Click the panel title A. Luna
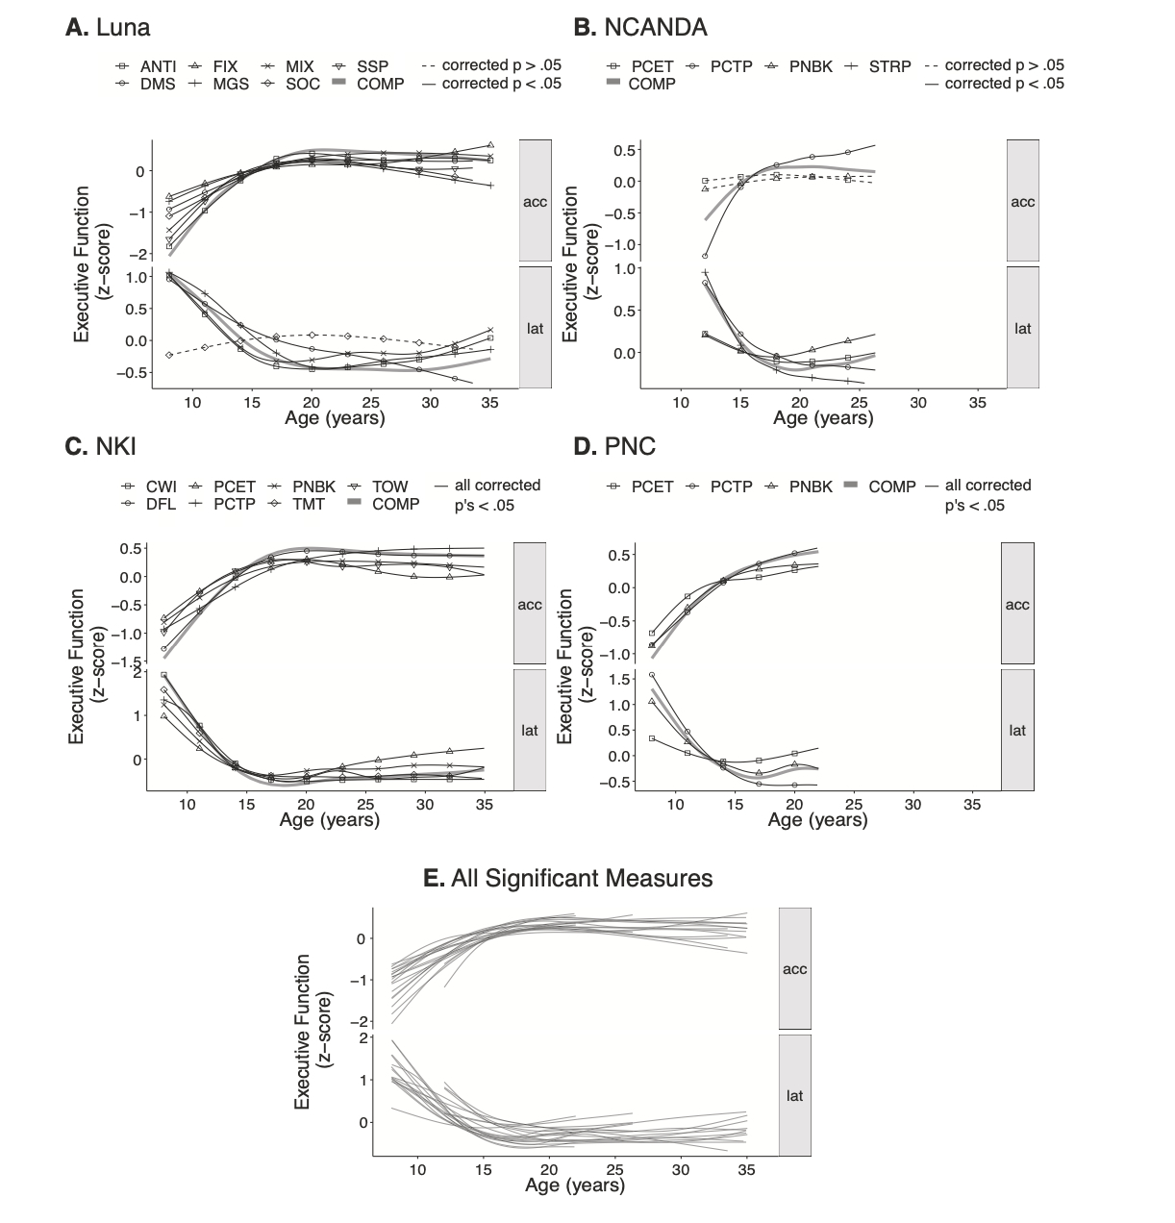(108, 27)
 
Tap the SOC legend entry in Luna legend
(293, 84)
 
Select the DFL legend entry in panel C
(149, 504)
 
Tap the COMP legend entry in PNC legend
(881, 487)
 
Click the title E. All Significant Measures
(568, 878)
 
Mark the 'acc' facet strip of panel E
(794, 969)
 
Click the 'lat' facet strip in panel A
(536, 328)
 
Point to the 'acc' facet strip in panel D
(1017, 605)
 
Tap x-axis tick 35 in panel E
(746, 1170)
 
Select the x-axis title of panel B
(823, 419)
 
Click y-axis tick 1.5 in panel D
(620, 679)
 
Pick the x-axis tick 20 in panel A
(312, 402)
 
